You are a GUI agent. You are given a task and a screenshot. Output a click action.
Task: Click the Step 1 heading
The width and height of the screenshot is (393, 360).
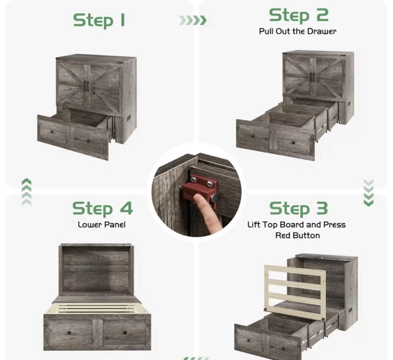(99, 20)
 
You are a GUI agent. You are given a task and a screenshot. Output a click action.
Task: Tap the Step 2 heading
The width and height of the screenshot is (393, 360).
(299, 15)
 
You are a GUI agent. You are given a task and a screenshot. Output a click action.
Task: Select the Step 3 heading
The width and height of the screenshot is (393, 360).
(299, 209)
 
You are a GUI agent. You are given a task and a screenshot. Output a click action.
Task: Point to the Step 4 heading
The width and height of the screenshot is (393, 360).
(102, 209)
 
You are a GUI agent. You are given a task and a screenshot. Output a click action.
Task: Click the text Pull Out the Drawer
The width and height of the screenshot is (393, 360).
(298, 31)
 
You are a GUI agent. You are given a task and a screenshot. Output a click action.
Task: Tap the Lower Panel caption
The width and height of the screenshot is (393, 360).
(102, 225)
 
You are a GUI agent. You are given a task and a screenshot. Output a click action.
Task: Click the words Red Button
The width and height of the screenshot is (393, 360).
(298, 235)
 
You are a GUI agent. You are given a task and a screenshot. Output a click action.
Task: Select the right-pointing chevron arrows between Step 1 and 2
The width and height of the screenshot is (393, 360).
(193, 20)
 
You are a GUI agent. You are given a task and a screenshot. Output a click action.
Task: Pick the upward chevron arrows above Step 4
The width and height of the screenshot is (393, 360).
(26, 192)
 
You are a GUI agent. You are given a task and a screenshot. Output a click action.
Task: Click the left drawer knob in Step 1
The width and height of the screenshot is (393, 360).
(52, 132)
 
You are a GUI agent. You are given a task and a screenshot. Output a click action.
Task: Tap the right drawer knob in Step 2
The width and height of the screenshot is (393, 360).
(294, 143)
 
